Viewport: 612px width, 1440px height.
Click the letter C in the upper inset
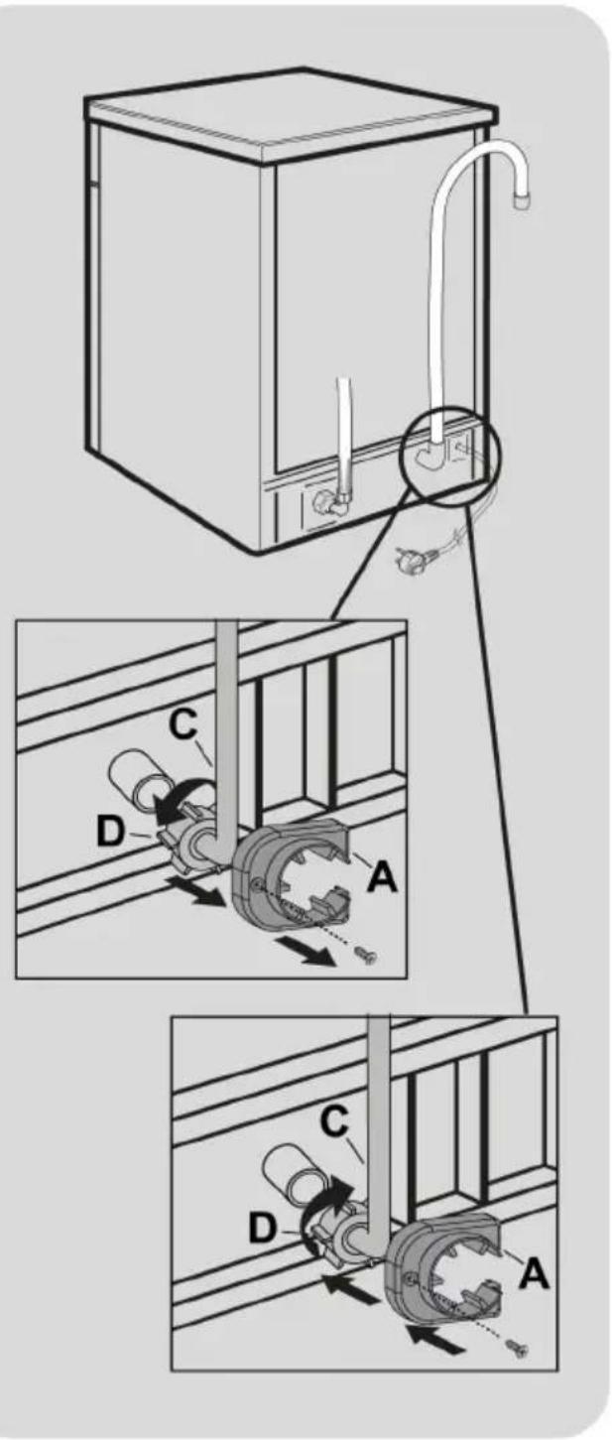(184, 725)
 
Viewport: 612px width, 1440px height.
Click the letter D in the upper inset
(110, 832)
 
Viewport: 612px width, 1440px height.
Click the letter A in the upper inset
(382, 877)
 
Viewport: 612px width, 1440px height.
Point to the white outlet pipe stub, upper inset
(138, 780)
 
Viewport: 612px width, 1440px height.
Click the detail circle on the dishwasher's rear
(449, 453)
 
